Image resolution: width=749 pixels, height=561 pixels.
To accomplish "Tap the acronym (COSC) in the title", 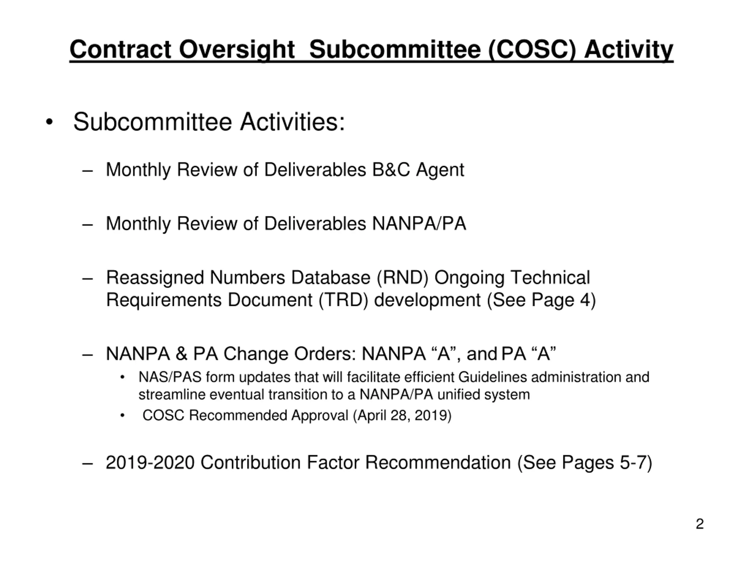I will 532,50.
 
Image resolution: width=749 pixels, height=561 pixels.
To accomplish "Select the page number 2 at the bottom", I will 700,524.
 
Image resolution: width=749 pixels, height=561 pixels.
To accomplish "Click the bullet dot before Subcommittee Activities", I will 49,122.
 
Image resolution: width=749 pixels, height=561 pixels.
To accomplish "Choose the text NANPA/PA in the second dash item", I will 419,224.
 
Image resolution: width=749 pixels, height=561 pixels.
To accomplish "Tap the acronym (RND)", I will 403,278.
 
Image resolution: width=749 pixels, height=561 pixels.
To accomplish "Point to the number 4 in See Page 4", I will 585,300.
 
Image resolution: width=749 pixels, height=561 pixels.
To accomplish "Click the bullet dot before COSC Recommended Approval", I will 123,415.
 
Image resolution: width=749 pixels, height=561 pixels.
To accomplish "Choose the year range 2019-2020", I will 150,463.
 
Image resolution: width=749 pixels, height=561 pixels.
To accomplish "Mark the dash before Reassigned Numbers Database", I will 87,278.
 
